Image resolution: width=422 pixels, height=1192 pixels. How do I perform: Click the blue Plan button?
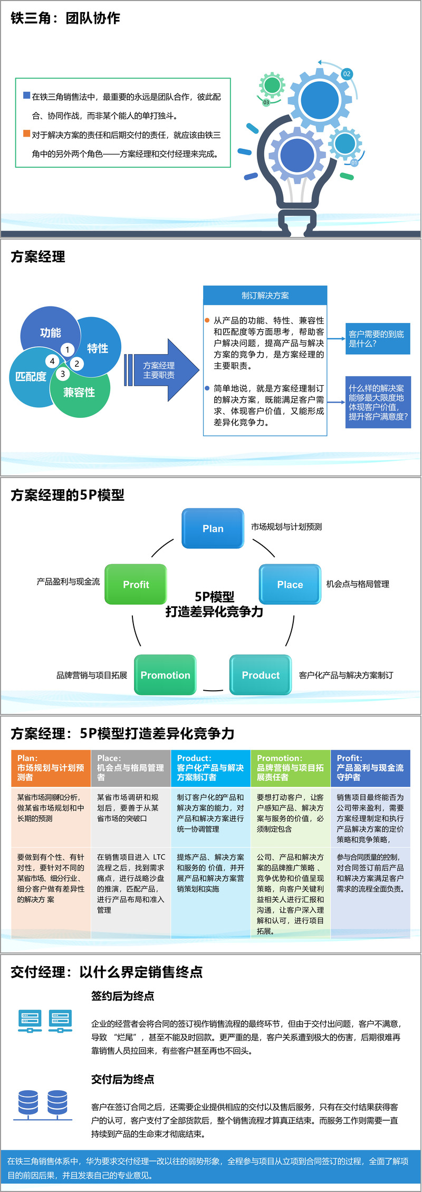213,528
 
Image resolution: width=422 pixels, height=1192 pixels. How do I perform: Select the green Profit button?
136,584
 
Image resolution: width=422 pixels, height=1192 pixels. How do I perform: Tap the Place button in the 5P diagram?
290,584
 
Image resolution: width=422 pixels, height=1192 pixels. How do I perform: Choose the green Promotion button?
165,675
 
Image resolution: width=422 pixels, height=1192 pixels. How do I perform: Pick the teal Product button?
261,675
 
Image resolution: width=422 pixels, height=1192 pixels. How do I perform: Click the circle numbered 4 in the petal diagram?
52,361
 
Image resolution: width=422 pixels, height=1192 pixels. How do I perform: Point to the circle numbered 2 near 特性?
76,363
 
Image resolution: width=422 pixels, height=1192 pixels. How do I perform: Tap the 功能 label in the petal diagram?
51,332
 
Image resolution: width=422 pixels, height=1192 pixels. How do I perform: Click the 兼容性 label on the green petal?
79,392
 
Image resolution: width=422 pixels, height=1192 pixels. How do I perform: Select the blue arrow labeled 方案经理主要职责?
161,370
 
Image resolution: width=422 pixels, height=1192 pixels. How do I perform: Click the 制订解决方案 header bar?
265,295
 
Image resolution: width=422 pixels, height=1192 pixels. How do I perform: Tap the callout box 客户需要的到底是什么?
377,339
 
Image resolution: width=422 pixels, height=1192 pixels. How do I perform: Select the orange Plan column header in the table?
51,768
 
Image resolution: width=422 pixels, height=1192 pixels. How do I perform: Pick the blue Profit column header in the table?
370,768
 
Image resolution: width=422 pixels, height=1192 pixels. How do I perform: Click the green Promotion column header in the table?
290,768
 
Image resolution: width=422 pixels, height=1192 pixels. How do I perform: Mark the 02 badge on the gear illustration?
347,74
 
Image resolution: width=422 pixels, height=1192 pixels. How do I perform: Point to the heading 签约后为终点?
122,996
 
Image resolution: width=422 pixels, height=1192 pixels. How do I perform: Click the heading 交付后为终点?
122,1079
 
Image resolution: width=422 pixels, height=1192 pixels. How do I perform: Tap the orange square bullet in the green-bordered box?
26,133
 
